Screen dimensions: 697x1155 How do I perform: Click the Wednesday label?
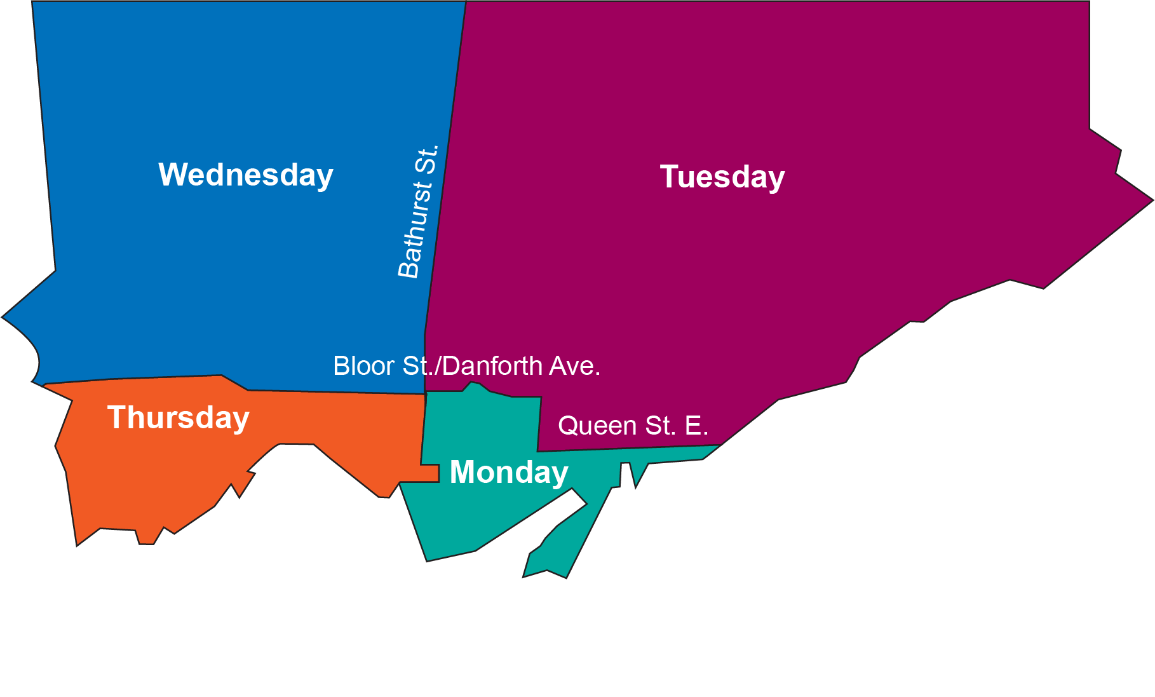(246, 175)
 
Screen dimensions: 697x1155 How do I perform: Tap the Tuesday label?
(722, 177)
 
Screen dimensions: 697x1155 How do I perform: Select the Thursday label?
(179, 418)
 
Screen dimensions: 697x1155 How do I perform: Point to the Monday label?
(508, 472)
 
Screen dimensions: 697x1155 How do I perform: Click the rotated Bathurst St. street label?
(417, 212)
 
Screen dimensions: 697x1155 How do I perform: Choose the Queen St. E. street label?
(633, 426)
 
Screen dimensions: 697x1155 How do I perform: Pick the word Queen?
(597, 426)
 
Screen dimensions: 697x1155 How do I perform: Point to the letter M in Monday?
(463, 472)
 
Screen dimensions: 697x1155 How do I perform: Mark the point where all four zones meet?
(425, 393)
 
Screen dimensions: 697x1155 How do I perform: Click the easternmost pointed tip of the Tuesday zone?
(1152, 201)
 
